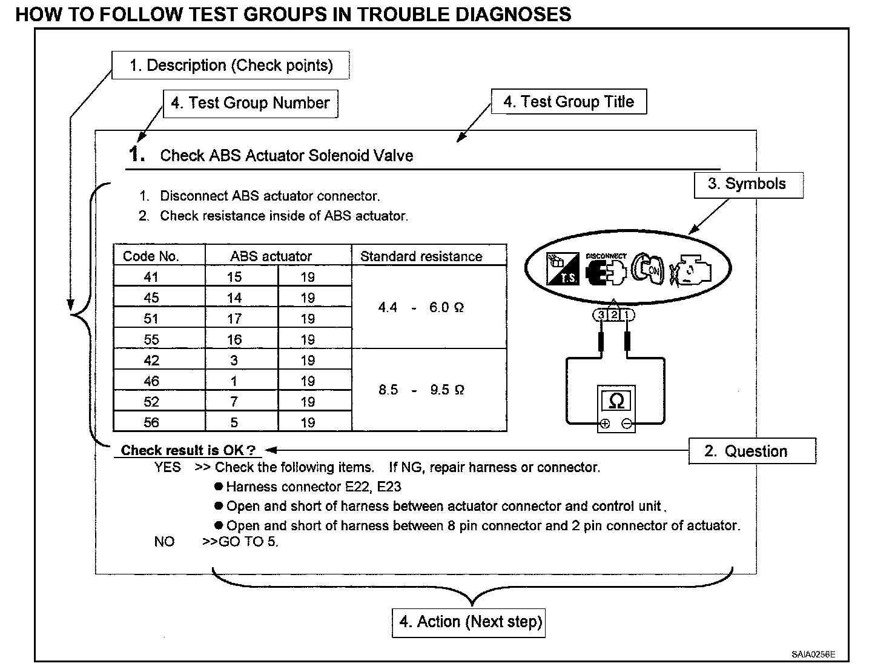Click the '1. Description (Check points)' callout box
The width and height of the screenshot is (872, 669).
[231, 65]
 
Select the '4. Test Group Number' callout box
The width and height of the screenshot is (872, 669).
[250, 103]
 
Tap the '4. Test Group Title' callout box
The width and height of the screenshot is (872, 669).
[569, 102]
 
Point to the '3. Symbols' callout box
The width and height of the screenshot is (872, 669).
[748, 184]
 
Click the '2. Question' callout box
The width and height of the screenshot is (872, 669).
[752, 451]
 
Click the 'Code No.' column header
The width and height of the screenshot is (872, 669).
[151, 256]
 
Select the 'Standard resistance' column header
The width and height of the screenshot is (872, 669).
[421, 256]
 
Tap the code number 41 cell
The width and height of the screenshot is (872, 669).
[151, 277]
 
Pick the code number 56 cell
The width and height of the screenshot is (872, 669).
[151, 422]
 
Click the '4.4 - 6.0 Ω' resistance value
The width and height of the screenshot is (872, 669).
[421, 308]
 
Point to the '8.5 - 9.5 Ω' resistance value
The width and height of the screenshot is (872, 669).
[421, 390]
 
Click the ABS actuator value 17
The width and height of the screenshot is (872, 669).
[234, 319]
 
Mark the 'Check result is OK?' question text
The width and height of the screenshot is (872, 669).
[188, 450]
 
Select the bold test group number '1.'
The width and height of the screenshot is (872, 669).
[137, 154]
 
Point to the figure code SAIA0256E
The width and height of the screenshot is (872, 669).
[813, 654]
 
